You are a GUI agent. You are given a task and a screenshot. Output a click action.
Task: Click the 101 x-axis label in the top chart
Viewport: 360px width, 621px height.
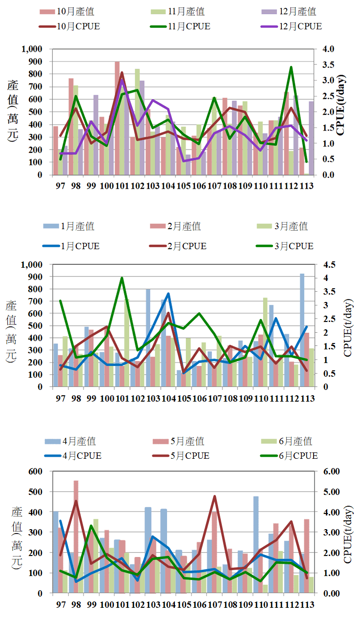coord(122,186)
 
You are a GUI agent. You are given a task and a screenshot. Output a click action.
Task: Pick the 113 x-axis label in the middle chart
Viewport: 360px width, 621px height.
coord(307,398)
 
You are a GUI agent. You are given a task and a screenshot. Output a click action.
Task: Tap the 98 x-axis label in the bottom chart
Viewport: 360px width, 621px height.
coord(76,605)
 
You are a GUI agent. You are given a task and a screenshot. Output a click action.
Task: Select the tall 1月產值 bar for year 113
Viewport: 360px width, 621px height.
coord(302,330)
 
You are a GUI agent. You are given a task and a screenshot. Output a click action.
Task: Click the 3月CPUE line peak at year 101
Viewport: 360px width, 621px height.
coord(122,278)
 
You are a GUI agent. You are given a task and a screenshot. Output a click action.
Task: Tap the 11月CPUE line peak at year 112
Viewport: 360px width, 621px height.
coord(291,67)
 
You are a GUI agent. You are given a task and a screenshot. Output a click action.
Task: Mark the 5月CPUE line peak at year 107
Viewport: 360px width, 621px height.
coord(214,496)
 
